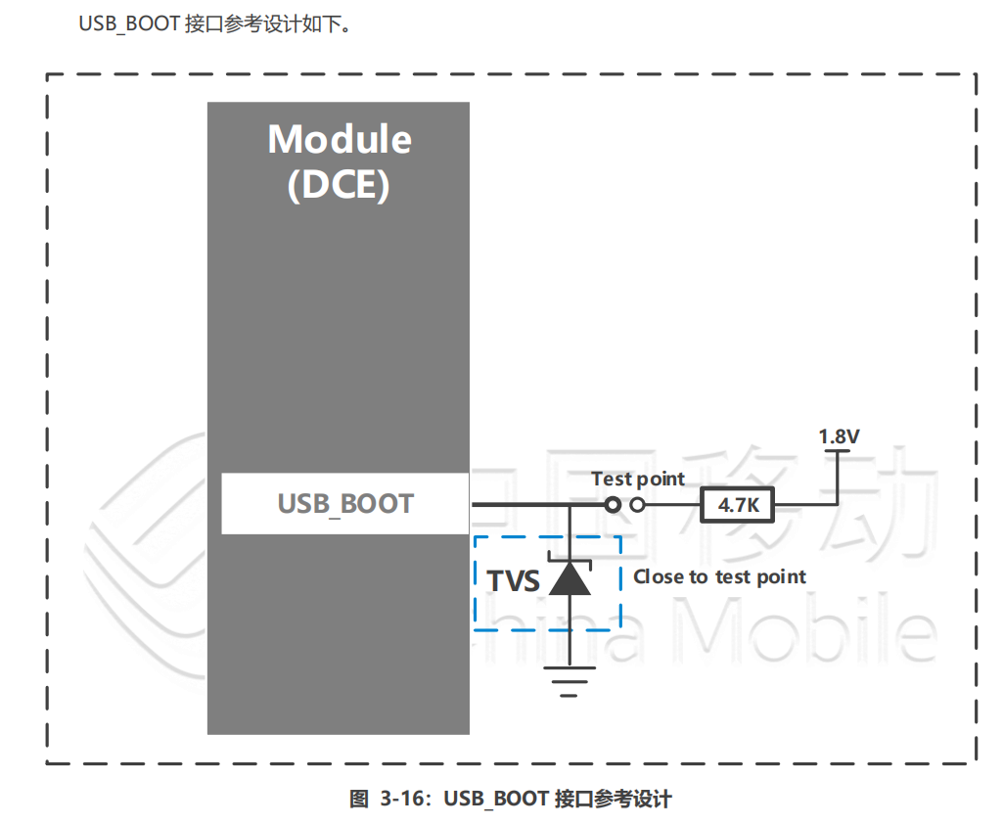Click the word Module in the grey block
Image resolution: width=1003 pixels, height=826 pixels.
[340, 139]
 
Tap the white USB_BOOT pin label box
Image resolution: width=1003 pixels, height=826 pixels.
[345, 504]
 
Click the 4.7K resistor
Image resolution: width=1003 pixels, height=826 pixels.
[738, 505]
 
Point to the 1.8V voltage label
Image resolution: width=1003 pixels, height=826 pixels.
[839, 436]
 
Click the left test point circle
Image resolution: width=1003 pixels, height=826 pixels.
[613, 505]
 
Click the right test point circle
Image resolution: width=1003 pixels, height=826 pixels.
[638, 505]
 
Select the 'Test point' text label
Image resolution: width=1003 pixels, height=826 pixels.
[638, 480]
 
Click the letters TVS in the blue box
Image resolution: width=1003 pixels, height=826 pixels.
[514, 581]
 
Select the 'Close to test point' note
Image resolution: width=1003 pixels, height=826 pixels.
[719, 576]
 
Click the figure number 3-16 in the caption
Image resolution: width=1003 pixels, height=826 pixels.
[401, 799]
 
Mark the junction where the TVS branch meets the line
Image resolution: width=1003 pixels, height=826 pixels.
[569, 505]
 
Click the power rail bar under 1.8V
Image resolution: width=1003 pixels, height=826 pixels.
[838, 451]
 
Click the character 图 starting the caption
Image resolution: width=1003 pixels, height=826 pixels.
[358, 799]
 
